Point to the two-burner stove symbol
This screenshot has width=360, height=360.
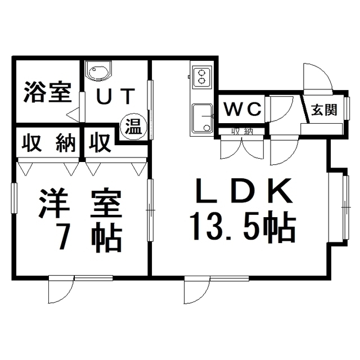(201, 76)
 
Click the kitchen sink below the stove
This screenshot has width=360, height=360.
(201, 118)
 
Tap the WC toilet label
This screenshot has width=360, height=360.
(243, 109)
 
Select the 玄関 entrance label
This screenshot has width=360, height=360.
(324, 109)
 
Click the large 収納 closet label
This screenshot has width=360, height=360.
(48, 143)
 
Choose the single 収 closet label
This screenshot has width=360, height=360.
(100, 143)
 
